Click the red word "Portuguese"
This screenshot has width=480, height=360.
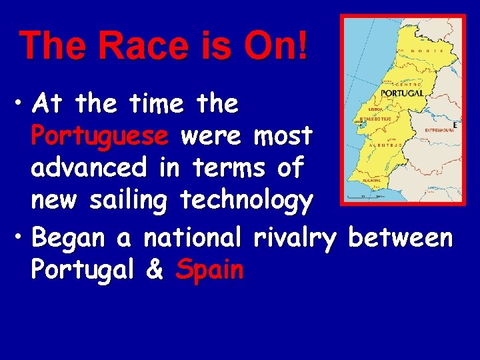[x=99, y=135]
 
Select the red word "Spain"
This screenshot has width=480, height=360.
[x=210, y=270]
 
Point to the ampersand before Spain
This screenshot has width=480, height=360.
[x=154, y=270]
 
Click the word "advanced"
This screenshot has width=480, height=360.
[x=89, y=167]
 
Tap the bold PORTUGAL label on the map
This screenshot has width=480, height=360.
[x=402, y=93]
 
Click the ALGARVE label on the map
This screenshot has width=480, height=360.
[x=371, y=181]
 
